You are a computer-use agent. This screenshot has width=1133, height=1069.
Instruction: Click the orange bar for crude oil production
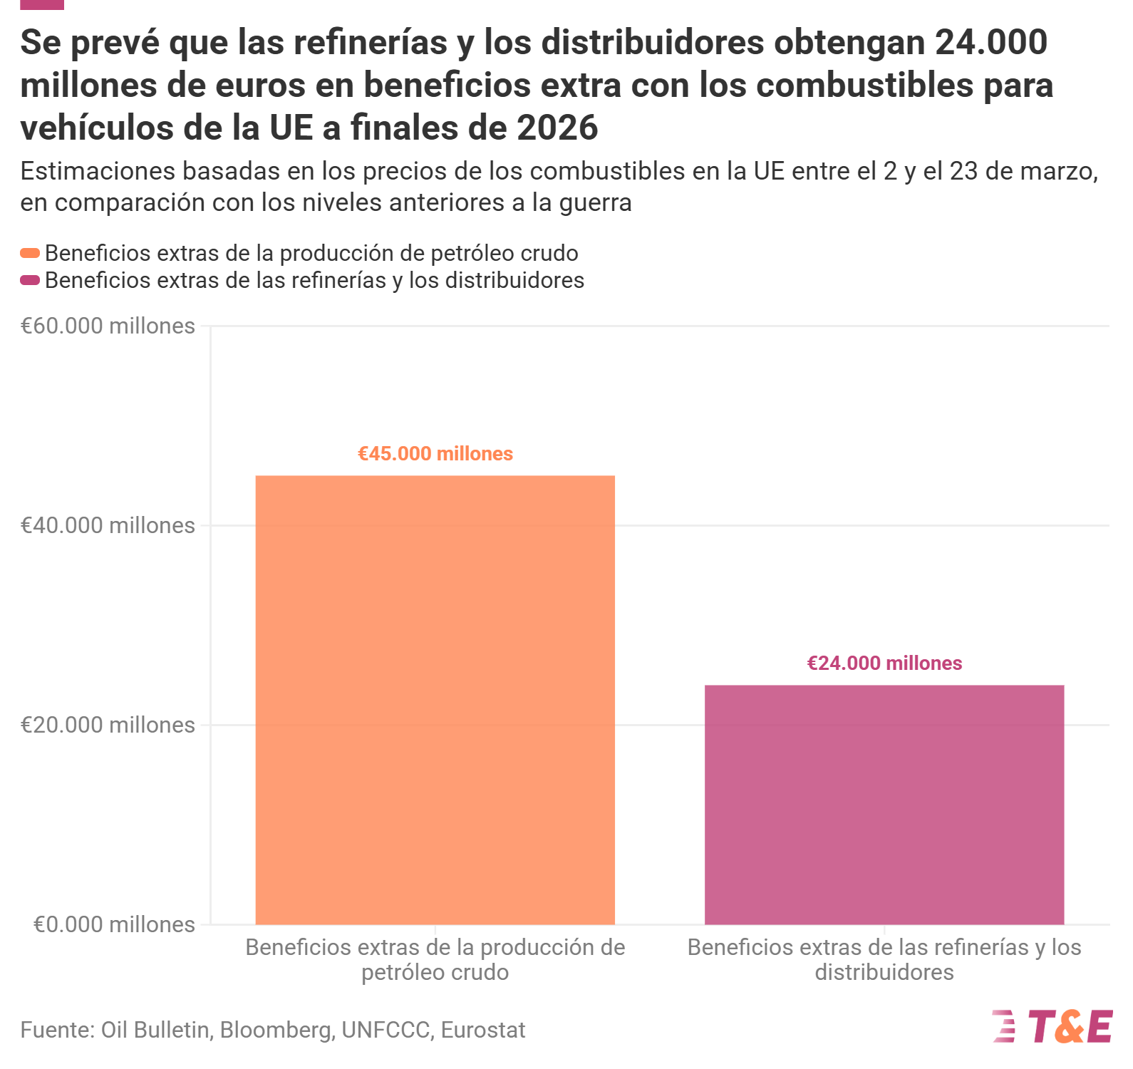tap(435, 700)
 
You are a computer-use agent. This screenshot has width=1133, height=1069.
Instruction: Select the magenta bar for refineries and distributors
tap(884, 805)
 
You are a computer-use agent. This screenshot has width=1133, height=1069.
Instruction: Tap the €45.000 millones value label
tap(435, 454)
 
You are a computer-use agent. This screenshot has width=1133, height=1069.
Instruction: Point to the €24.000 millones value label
tap(884, 663)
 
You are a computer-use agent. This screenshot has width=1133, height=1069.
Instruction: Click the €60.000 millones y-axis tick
tap(108, 326)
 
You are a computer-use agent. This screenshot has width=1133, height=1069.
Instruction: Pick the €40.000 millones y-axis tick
tap(108, 525)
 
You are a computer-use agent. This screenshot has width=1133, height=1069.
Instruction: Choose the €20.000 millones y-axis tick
tap(108, 725)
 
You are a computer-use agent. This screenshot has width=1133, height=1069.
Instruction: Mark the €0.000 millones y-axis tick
tap(114, 924)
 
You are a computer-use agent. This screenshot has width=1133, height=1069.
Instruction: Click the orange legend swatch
tap(30, 253)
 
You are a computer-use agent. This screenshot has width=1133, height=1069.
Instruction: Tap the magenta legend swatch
tap(30, 280)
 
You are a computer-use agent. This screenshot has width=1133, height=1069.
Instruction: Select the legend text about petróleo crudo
tap(311, 253)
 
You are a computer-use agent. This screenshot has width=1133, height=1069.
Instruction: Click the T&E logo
tap(1052, 1027)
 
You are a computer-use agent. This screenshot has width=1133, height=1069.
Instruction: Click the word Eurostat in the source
tap(483, 1030)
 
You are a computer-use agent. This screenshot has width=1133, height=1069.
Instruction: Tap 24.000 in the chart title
tap(991, 42)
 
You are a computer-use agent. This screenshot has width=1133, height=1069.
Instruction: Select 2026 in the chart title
tap(557, 128)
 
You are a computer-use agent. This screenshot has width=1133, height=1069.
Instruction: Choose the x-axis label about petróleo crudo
tap(435, 959)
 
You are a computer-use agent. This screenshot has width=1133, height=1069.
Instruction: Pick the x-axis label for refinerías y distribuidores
tap(884, 959)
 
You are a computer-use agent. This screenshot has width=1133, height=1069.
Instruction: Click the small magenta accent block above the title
tap(42, 4)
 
